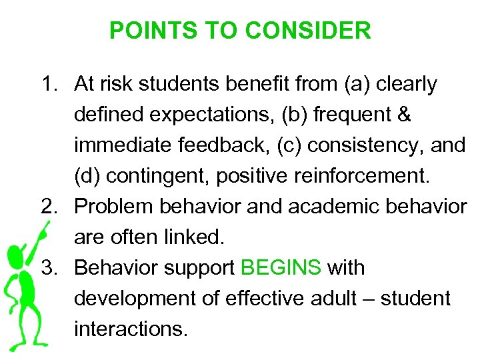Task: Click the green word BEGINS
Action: [281, 268]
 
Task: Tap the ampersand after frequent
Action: [403, 115]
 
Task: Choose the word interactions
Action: [127, 329]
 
